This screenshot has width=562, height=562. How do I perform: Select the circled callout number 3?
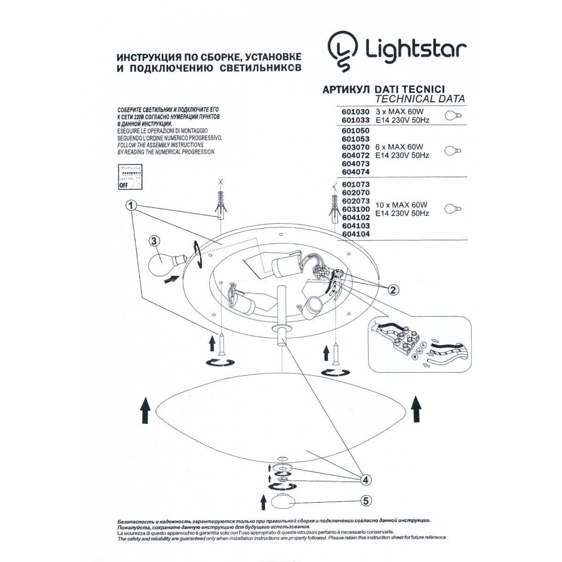click(x=154, y=242)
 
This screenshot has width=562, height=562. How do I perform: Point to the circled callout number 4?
click(x=367, y=479)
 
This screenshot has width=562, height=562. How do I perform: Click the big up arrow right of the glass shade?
click(x=416, y=407)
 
